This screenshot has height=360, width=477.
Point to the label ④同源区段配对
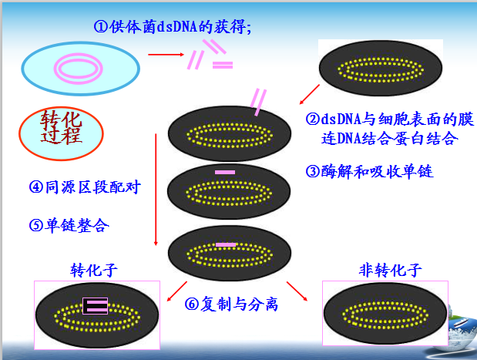tap(85, 187)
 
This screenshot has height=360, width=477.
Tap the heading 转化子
tap(94, 270)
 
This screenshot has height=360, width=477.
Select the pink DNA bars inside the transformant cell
tap(96, 305)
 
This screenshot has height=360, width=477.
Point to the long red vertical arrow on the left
tap(156, 185)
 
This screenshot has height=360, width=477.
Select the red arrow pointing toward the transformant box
tap(173, 292)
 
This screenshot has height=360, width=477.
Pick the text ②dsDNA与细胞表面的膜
tap(389, 119)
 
